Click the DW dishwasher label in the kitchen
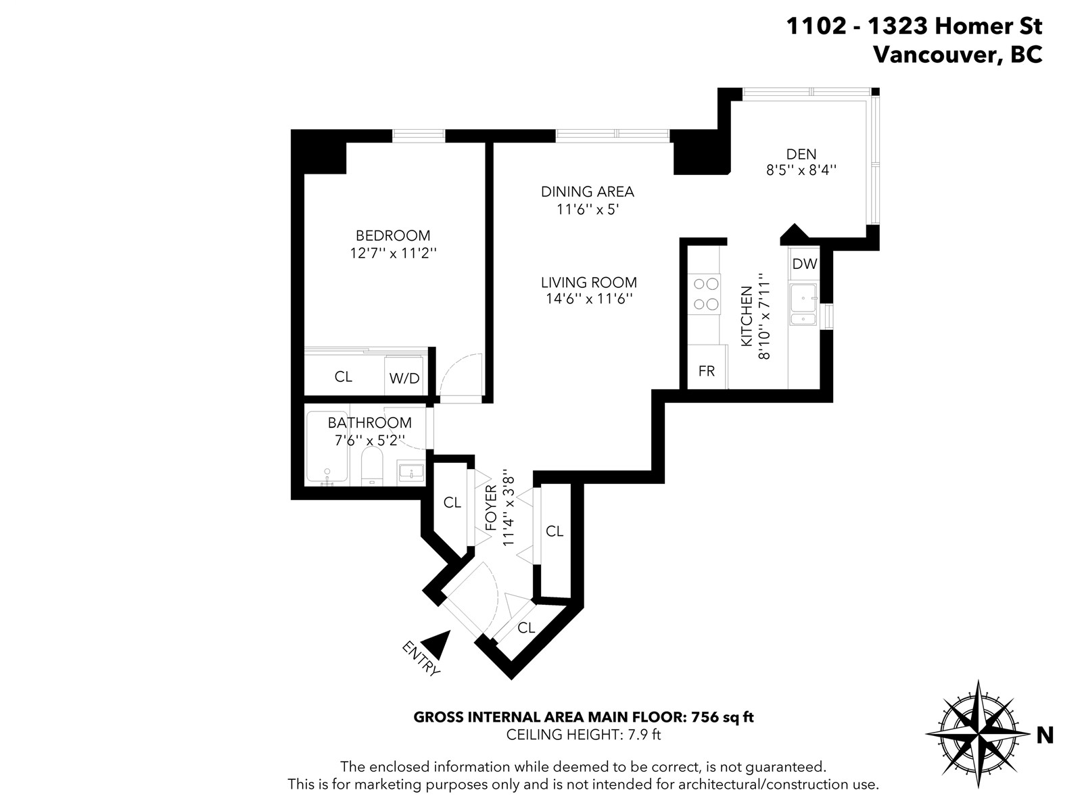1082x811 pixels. (x=805, y=264)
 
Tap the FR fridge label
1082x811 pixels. (x=707, y=371)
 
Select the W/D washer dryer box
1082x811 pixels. (x=404, y=375)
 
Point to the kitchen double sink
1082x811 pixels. (x=803, y=304)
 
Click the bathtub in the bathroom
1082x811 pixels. (x=327, y=446)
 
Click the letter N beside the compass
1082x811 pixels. (x=1045, y=736)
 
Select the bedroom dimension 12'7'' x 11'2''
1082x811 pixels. (x=393, y=253)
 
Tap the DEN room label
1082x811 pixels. (x=801, y=154)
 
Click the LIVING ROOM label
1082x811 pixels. (x=588, y=282)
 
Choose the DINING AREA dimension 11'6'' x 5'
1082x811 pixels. (x=588, y=210)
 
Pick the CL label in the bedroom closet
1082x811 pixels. (x=343, y=376)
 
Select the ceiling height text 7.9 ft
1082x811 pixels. (x=644, y=735)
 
